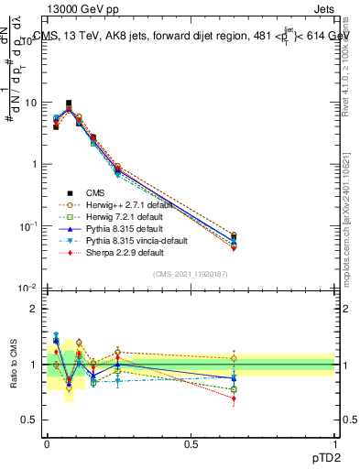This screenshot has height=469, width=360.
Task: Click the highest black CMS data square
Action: (x=69, y=104)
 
